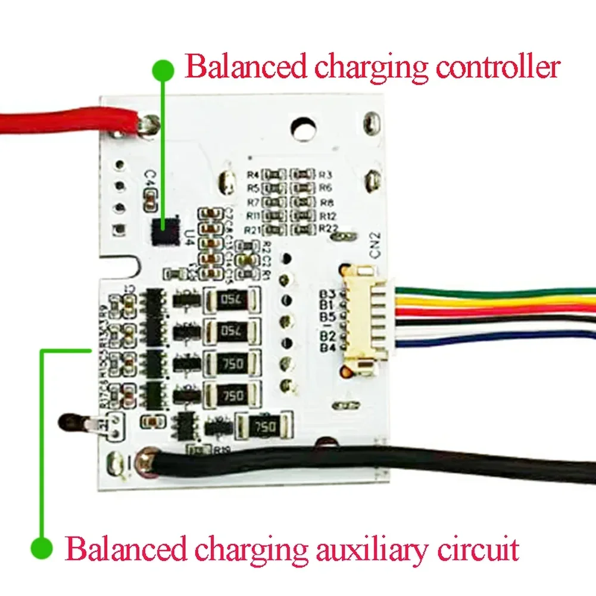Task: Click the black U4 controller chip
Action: click(166, 231)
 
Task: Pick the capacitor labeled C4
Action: click(150, 196)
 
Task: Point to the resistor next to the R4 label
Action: click(273, 174)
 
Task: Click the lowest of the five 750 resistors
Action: click(264, 426)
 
